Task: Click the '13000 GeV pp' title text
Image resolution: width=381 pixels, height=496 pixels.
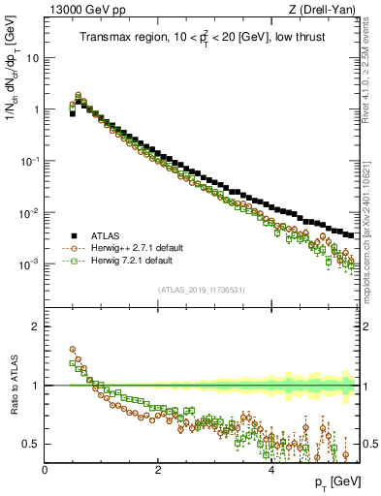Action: tap(80, 10)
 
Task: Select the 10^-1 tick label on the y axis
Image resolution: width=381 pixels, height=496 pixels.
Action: tap(30, 161)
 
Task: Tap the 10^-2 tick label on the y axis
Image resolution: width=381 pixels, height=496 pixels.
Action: tap(30, 212)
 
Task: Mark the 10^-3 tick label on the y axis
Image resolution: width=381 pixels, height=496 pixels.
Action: tap(30, 263)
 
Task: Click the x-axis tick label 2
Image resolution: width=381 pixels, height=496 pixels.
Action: tap(158, 470)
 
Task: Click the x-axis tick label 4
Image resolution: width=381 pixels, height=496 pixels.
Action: tap(270, 470)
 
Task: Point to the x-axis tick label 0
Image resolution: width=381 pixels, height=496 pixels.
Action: tap(46, 470)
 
